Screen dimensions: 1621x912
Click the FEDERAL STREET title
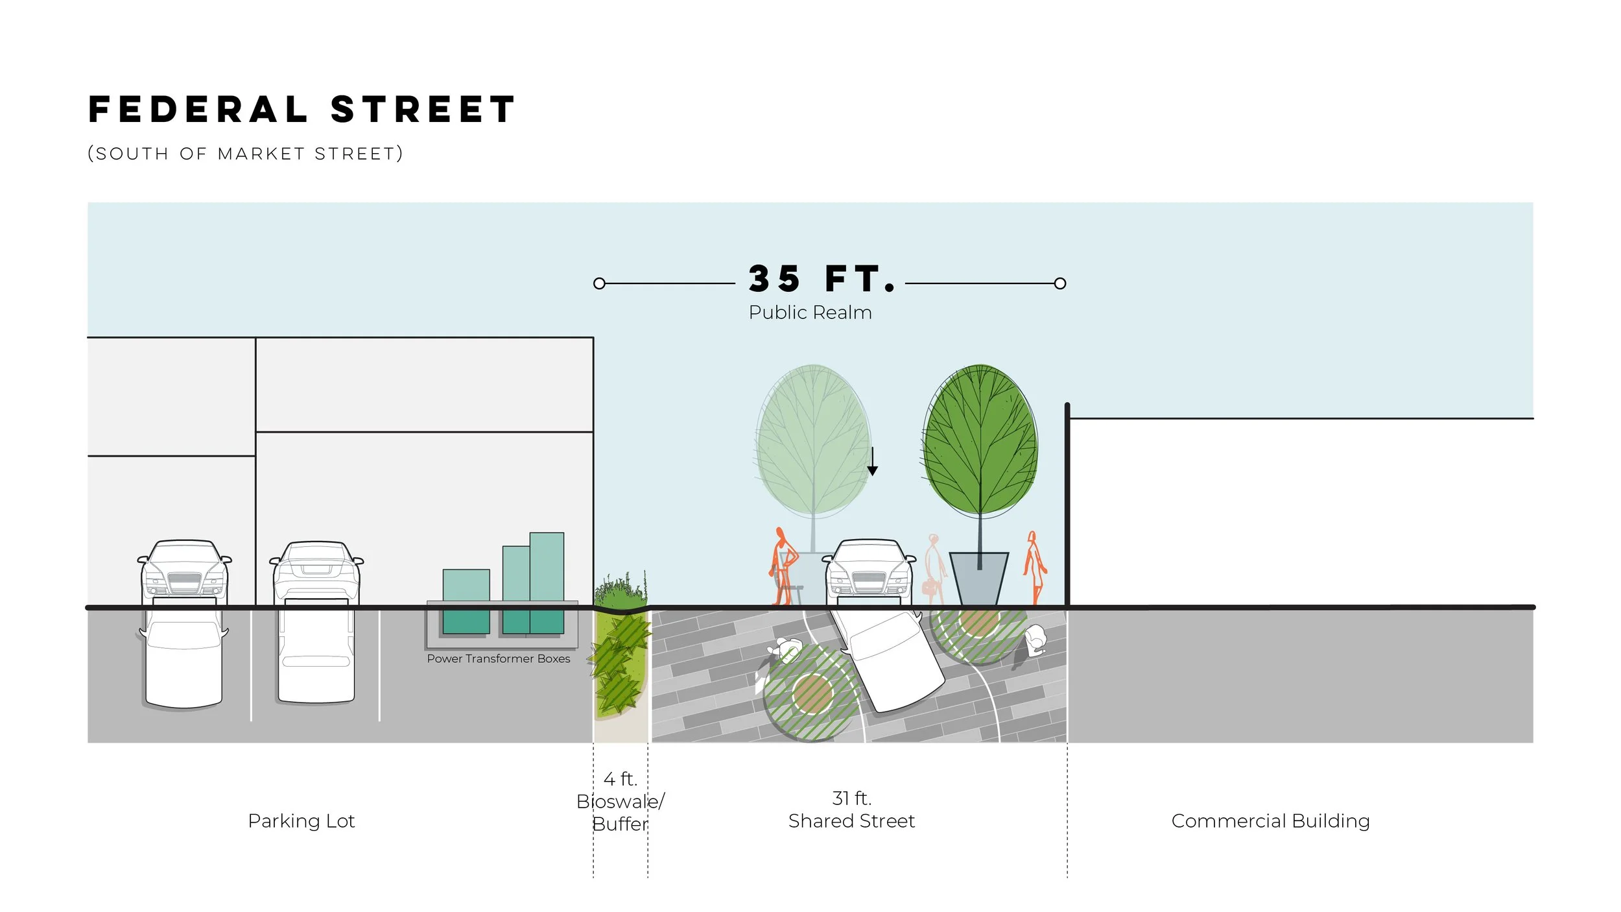coord(302,109)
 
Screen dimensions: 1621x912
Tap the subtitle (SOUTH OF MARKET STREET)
coord(245,154)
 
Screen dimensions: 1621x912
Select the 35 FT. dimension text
coord(821,280)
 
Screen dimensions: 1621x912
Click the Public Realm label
coord(810,313)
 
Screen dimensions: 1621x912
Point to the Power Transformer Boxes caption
coord(498,659)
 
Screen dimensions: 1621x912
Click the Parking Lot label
coord(301,821)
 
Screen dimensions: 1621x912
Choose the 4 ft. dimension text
coord(621,778)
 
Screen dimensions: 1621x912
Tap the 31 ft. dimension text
coord(851,798)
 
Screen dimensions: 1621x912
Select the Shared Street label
coord(851,821)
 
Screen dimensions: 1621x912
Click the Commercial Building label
coord(1270,821)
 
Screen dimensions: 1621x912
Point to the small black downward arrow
coord(873,462)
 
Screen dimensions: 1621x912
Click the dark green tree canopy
coord(980,441)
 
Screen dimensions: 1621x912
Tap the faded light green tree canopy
coord(812,441)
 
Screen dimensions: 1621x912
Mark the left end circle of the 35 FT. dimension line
coord(599,283)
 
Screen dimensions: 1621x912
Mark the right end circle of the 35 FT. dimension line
coord(1059,283)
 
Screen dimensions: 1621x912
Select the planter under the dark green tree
coord(978,578)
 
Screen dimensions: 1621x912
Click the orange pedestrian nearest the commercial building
coord(1034,568)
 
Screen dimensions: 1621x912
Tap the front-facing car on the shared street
coord(870,569)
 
